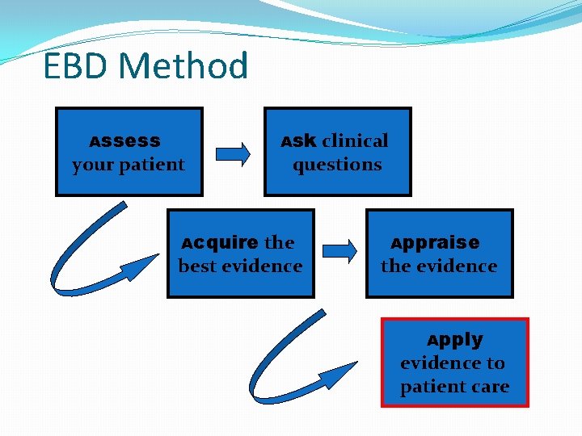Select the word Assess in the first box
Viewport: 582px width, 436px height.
125,141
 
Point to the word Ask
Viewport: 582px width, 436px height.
298,141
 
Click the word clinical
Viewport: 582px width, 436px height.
355,141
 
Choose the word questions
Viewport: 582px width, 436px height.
337,165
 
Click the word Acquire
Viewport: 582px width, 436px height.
219,242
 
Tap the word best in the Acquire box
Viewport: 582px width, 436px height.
196,266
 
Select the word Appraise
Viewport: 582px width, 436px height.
436,242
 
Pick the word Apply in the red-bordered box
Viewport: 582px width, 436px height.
455,339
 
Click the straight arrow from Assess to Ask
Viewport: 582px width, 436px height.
234,153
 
